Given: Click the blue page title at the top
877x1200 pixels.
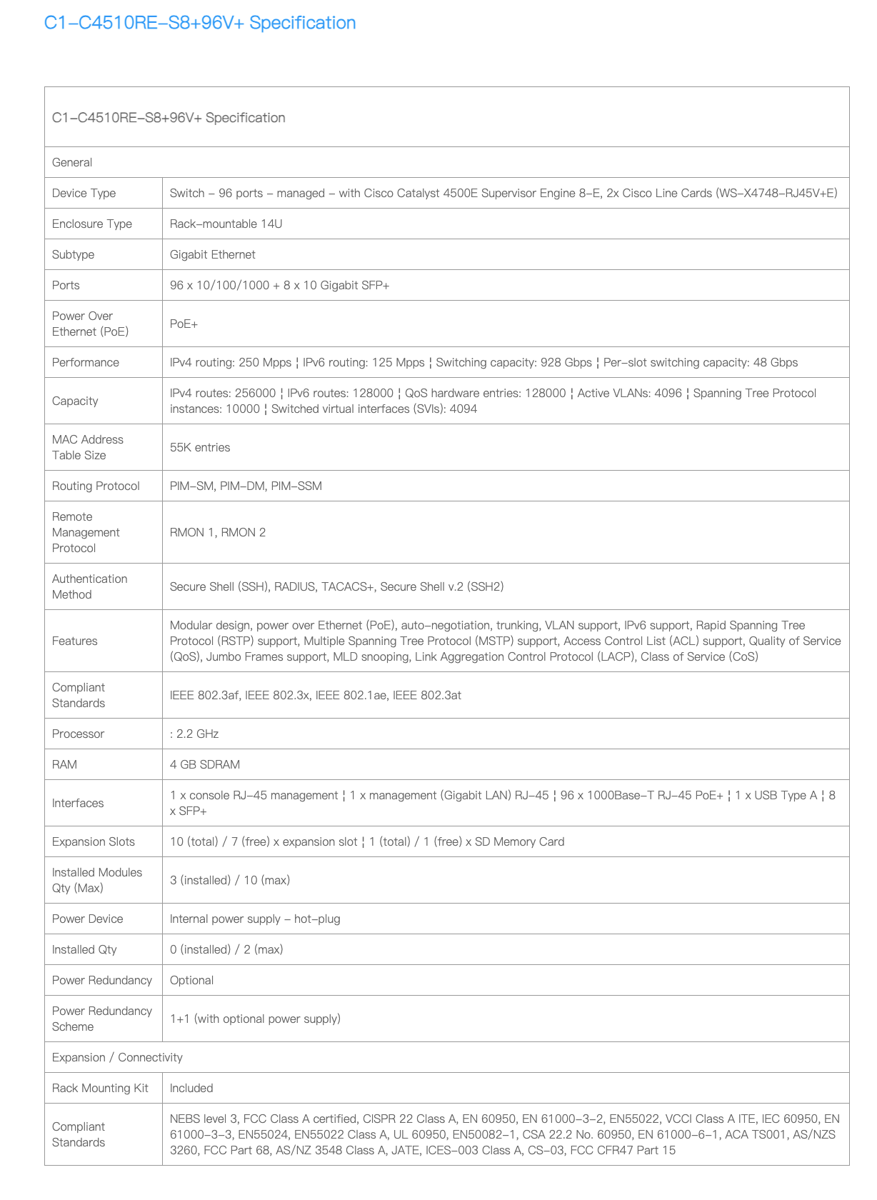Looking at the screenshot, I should click(x=200, y=23).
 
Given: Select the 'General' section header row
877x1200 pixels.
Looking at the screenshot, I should click(x=72, y=162).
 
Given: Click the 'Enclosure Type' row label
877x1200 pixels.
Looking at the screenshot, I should click(x=92, y=224).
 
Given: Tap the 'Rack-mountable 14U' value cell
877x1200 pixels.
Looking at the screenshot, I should click(x=226, y=224).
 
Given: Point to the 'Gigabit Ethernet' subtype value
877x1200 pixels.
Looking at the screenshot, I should click(x=212, y=254).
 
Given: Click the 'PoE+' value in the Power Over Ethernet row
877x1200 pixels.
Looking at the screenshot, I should click(x=184, y=324).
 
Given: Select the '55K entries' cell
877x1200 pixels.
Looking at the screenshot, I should click(x=200, y=447).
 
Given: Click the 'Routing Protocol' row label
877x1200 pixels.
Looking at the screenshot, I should click(x=96, y=486).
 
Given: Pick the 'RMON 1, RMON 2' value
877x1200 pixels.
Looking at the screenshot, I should click(x=217, y=532).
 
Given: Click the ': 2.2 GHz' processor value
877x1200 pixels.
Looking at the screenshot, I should click(x=194, y=734).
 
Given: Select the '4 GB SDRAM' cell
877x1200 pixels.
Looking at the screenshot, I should click(x=204, y=764).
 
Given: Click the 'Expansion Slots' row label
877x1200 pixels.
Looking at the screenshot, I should click(x=94, y=841).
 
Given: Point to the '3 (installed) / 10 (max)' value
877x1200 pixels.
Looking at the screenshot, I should click(x=229, y=880).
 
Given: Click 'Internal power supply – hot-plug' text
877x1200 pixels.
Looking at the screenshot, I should click(x=255, y=919).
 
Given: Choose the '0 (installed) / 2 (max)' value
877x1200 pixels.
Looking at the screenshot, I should click(x=226, y=949).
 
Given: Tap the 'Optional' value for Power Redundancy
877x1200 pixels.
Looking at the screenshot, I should click(x=191, y=980).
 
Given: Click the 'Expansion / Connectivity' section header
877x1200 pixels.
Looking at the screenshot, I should click(x=117, y=1057).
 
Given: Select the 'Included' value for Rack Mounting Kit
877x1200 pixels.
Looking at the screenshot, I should click(x=191, y=1088).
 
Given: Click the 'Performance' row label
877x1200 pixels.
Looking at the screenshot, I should click(x=86, y=362).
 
